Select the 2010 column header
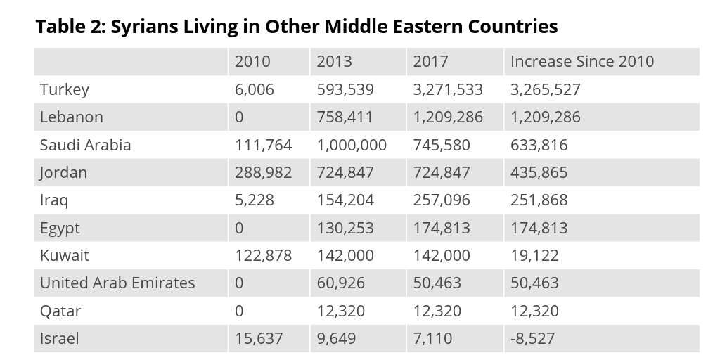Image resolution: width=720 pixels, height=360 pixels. pos(252,62)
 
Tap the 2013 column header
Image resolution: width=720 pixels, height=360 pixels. pos(334,62)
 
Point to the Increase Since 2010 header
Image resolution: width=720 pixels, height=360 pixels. pos(581,62)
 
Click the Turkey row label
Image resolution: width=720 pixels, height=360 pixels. pos(65,90)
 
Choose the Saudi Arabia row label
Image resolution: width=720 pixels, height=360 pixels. pos(85,146)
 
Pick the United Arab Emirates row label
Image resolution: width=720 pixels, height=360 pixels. pos(117,283)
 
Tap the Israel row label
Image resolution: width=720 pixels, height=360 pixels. pos(59,339)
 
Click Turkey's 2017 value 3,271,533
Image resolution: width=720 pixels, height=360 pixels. pos(448,90)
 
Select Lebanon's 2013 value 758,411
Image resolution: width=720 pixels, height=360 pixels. pos(345,117)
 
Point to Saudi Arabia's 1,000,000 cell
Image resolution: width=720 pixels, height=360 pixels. pos(352,146)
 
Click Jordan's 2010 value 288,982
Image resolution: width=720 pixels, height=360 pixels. pos(263,173)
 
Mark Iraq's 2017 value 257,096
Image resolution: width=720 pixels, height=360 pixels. pos(442,200)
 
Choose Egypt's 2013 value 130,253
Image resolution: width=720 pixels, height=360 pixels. pos(345,229)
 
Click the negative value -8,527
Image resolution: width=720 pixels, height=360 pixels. pos(532,339)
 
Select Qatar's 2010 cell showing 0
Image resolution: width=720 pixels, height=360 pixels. pos(239,311)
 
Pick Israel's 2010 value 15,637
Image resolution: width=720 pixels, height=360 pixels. pos(259,339)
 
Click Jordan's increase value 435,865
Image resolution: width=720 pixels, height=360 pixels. pos(539,173)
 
